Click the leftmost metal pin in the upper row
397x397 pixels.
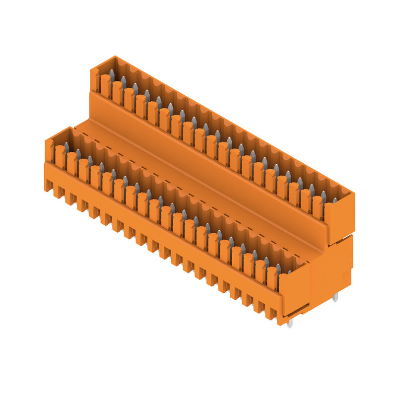[x=112, y=75]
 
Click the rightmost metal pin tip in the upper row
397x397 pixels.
[x=334, y=200]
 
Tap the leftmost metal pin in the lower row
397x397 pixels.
[x=66, y=147]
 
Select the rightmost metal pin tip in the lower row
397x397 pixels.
[x=289, y=272]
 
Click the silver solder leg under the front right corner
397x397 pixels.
[x=290, y=323]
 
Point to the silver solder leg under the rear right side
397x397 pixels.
[x=335, y=297]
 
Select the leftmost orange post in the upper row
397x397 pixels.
[x=105, y=86]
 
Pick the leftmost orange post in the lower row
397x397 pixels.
[x=60, y=157]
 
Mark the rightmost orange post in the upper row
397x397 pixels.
[x=318, y=207]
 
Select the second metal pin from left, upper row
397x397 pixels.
[x=123, y=82]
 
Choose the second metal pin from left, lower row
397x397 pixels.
[x=78, y=154]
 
